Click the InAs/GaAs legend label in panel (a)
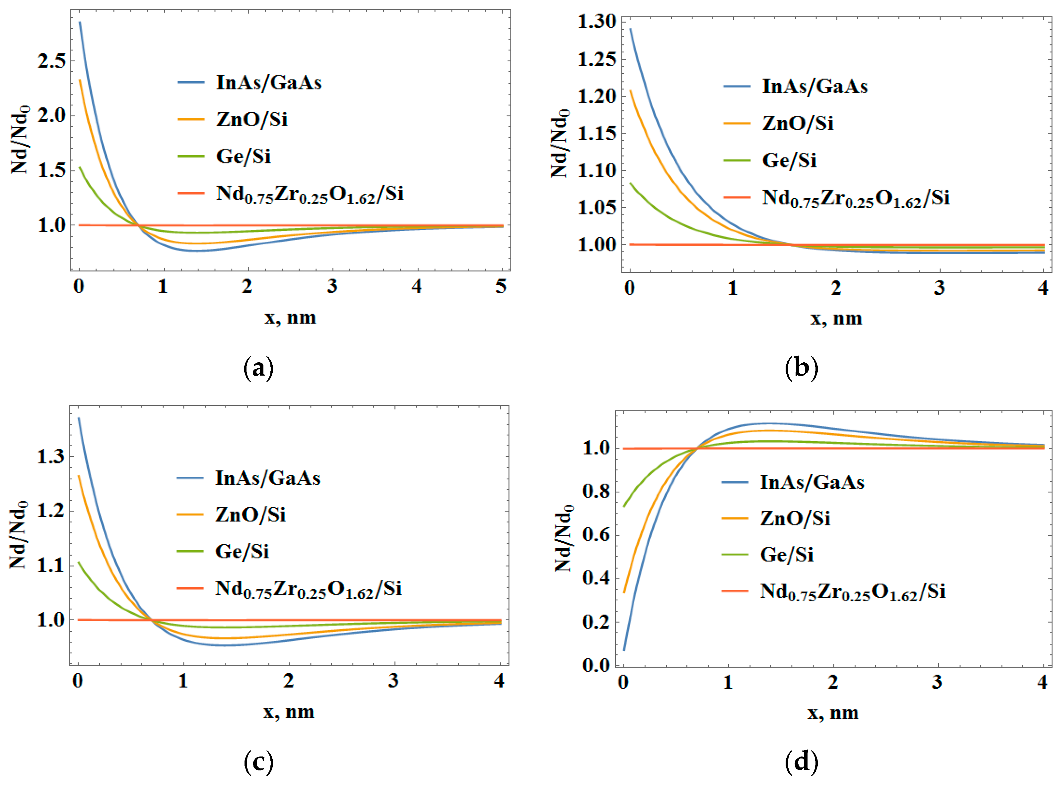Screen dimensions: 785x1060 coord(269,83)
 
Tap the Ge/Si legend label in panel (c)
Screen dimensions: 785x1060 coord(242,552)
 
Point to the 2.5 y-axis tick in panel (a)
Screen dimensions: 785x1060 coord(51,61)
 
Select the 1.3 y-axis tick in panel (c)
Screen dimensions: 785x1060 coord(50,457)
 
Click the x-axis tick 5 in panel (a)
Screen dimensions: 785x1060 coord(501,286)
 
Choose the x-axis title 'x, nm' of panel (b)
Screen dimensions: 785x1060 coord(836,318)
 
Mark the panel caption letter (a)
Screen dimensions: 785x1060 coord(258,368)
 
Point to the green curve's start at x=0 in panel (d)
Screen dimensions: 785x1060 coord(624,507)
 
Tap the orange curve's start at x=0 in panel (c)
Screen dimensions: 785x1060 coord(79,476)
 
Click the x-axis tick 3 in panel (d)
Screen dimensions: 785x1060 coord(936,682)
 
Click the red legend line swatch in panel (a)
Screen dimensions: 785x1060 coord(191,193)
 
